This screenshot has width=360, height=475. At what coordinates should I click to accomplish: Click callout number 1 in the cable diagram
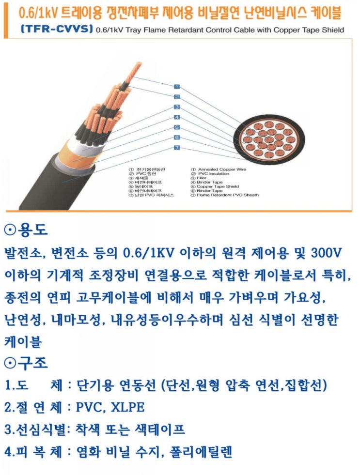[177, 87]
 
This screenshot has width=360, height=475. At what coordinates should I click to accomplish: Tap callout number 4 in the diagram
[177, 117]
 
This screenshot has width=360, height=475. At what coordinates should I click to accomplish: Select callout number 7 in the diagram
[177, 147]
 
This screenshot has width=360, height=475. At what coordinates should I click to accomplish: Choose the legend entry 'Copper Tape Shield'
[218, 186]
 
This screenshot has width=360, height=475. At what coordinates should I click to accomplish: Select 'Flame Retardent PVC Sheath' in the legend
[227, 195]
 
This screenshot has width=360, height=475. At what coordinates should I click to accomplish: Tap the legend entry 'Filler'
[201, 178]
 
